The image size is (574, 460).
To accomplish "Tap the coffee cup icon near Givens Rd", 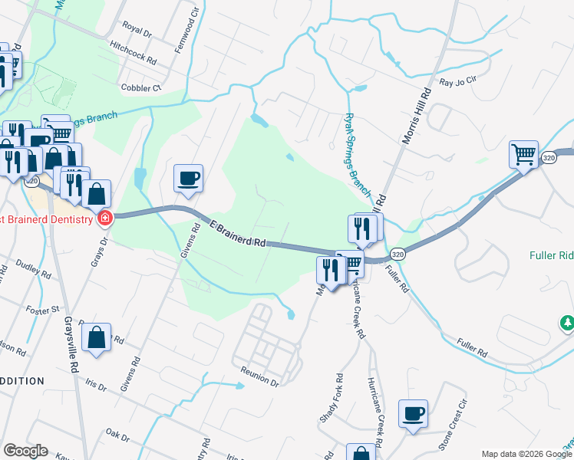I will [188, 179].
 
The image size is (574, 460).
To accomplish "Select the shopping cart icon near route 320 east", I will [523, 154].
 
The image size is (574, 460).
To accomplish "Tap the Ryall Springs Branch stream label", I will [358, 152].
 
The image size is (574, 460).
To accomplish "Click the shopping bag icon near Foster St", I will [97, 338].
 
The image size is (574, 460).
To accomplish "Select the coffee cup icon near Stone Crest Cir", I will [414, 414].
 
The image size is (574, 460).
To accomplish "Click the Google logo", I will [25, 451].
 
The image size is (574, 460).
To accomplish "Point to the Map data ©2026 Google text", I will [526, 454].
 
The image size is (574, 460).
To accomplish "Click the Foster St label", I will [45, 310].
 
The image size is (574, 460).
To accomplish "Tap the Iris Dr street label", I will [96, 386].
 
